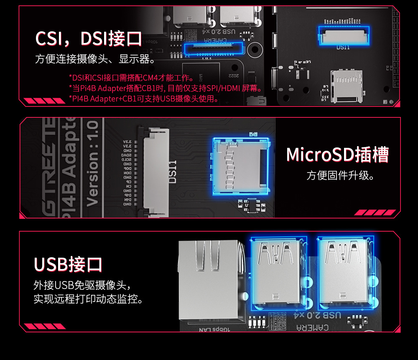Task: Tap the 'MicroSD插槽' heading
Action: [337, 155]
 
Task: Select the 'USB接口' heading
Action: [68, 264]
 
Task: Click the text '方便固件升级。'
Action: [340, 175]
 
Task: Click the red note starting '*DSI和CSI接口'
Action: [131, 78]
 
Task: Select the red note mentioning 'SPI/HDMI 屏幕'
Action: [166, 88]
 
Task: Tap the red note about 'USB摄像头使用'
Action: [144, 99]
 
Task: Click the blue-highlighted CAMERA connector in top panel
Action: [213, 49]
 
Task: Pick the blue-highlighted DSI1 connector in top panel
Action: [344, 35]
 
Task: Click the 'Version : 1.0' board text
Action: [92, 163]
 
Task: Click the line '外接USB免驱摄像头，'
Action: [82, 286]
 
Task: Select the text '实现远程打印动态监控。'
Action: [88, 299]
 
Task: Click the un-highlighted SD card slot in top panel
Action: [346, 86]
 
